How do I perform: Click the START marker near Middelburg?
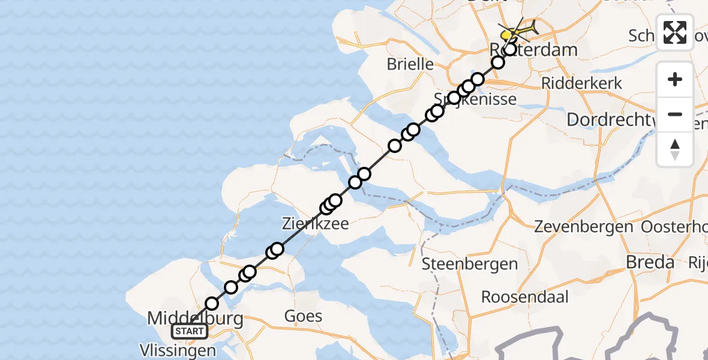pos(190,331)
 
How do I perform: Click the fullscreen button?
pos(675,32)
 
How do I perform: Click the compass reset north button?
pos(675,149)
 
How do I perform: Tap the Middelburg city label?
pos(196,318)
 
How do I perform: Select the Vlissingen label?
pos(178,350)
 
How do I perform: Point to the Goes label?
pos(303,316)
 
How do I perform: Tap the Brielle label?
pos(410,64)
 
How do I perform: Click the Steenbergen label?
pos(470,264)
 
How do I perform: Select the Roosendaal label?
pos(525,297)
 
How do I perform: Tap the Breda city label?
pos(650,262)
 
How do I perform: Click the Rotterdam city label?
pos(534,49)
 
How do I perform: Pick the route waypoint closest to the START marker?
pos(212,304)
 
